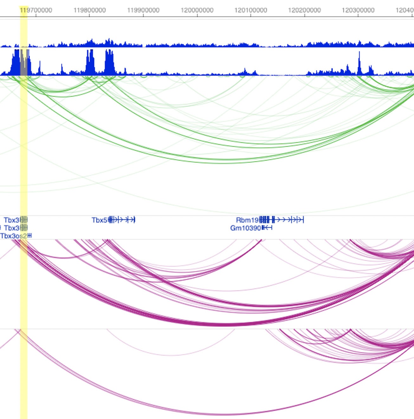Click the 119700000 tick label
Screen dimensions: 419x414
pos(36,10)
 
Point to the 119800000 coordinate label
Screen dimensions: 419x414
pos(89,10)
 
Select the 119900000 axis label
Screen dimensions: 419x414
pos(143,10)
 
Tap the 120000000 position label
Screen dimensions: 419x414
pos(197,10)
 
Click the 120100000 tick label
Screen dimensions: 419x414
pos(251,10)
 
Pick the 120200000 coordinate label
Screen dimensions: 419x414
pos(304,10)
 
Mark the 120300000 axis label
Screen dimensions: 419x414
pos(358,10)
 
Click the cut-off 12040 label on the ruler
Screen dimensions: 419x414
pos(405,10)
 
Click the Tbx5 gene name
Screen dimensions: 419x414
pos(99,220)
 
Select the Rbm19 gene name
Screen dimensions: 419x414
pos(247,220)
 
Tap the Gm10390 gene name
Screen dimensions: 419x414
pos(246,228)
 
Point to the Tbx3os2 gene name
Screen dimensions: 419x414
pos(13,236)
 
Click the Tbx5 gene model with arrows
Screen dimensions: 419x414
pos(122,220)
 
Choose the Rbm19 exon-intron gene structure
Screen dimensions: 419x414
pos(281,220)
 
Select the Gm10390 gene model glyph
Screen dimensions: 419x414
pos(267,228)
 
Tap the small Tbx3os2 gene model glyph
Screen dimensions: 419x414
pos(30,236)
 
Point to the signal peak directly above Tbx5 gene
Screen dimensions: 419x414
pos(109,62)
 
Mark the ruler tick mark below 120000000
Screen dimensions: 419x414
pos(197,15)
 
